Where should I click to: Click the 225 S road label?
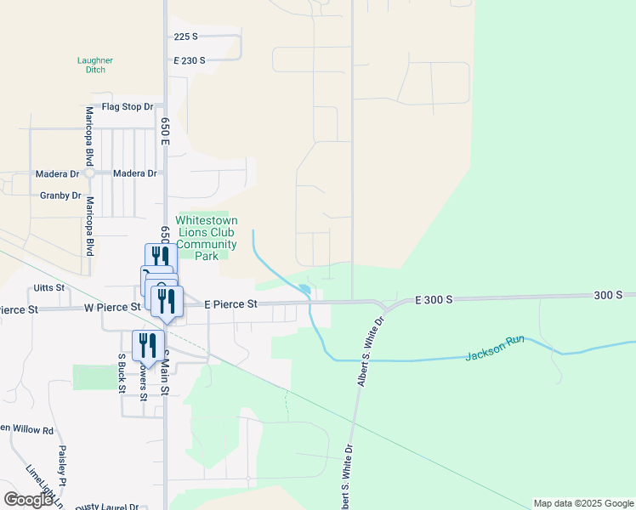pos(185,37)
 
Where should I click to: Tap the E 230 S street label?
pos(190,61)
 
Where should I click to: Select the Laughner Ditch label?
pos(95,65)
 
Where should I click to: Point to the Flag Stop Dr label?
pos(127,107)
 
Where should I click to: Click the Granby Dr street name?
pos(60,195)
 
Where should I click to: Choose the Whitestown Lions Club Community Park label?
pos(206,237)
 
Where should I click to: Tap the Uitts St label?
pos(49,288)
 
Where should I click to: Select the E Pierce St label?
pos(230,303)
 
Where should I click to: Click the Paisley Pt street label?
pos(63,466)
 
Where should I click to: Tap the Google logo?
pos(28,500)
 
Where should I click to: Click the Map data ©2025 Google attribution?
pos(583,503)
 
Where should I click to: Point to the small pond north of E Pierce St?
pos(304,290)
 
